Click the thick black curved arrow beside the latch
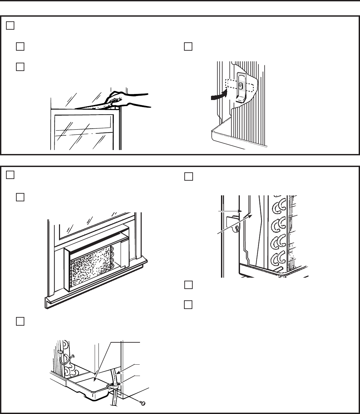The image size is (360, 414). pyautogui.click(x=219, y=96)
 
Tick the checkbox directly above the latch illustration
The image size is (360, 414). pyautogui.click(x=188, y=47)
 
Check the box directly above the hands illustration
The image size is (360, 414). pyautogui.click(x=20, y=67)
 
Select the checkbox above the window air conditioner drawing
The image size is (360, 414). pyautogui.click(x=20, y=197)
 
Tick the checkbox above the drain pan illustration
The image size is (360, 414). pyautogui.click(x=20, y=321)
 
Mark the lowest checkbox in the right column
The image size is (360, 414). pyautogui.click(x=188, y=304)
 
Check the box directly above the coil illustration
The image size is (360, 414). pyautogui.click(x=188, y=177)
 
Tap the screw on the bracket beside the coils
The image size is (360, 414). pyautogui.click(x=236, y=228)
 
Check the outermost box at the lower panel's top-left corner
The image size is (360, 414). pyautogui.click(x=10, y=175)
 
